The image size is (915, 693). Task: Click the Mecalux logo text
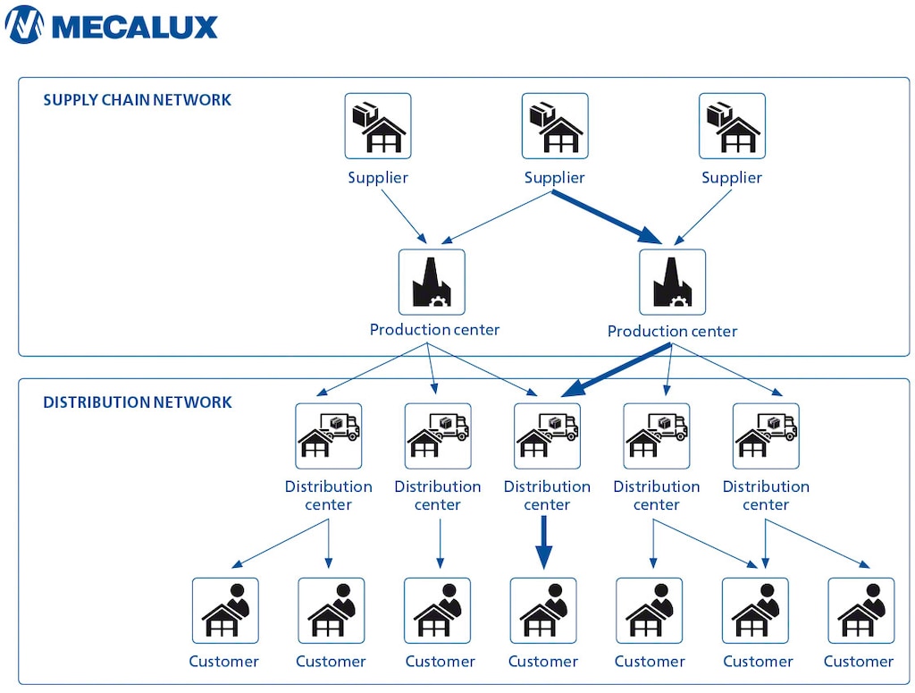(x=134, y=25)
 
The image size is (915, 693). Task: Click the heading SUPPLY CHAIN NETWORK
(x=137, y=100)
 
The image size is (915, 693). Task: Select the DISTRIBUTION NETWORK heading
(x=137, y=402)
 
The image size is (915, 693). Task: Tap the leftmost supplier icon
(x=378, y=126)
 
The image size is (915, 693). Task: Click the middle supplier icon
(x=555, y=126)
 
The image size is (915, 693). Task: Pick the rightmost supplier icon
(x=732, y=126)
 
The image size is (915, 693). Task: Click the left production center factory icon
(x=432, y=282)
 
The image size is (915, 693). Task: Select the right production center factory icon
(x=673, y=282)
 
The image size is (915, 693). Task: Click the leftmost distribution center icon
(x=329, y=435)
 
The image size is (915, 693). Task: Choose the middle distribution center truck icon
(x=547, y=435)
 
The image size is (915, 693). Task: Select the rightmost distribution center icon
(x=766, y=435)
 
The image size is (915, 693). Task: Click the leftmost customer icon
(x=225, y=610)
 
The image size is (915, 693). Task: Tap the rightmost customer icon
(x=860, y=610)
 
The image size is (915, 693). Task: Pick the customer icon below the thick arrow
(x=543, y=610)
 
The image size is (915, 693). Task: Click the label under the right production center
(x=672, y=331)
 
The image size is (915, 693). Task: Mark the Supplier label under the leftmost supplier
(x=378, y=178)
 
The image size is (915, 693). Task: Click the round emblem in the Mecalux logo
(x=24, y=25)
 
